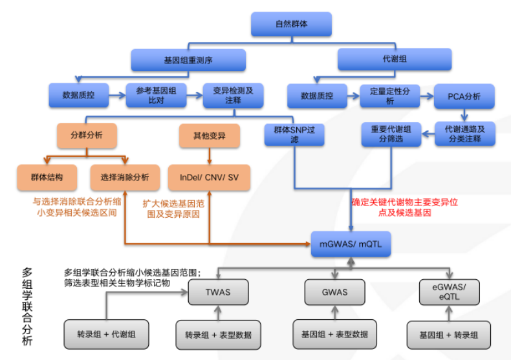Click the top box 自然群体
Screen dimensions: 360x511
tap(291, 24)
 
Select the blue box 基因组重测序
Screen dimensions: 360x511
tap(188, 59)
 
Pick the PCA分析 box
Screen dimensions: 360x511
tap(464, 96)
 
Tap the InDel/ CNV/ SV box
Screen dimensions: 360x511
tap(208, 176)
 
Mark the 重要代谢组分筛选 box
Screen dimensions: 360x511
tap(391, 134)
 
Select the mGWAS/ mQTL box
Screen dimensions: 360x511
tap(351, 244)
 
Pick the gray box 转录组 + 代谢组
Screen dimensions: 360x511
tap(107, 334)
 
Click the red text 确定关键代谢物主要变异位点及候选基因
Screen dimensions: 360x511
tap(405, 207)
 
